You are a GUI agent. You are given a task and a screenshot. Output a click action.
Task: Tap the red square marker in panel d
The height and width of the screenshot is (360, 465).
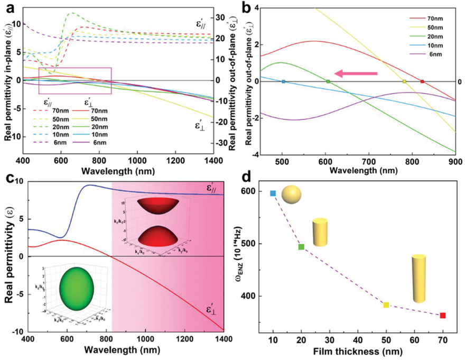[x=442, y=316]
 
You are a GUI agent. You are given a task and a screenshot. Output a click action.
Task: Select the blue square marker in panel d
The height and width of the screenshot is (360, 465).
[x=273, y=193]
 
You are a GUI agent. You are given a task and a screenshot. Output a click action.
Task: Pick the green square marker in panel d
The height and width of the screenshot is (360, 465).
[x=301, y=247]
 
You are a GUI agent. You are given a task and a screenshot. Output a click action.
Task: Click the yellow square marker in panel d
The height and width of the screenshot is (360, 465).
[x=386, y=305]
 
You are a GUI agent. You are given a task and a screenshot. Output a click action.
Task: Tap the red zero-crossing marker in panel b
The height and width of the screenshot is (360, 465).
[x=422, y=81]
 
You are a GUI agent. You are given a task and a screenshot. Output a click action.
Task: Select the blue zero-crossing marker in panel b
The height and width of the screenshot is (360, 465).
[x=283, y=81]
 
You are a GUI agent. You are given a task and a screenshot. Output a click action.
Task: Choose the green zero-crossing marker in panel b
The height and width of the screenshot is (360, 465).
[x=328, y=81]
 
